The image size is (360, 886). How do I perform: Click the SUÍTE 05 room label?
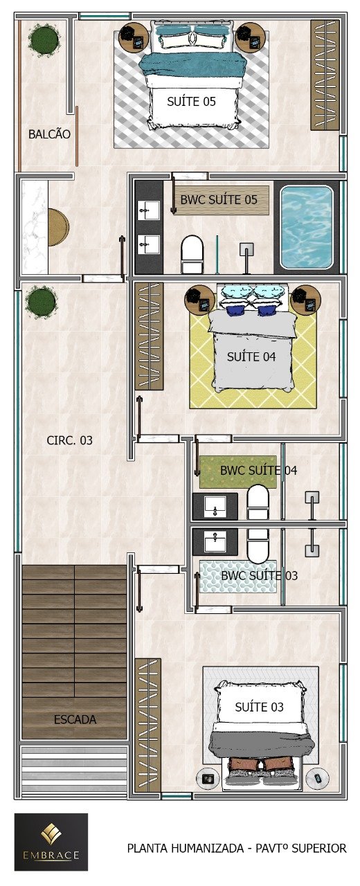pos(191,102)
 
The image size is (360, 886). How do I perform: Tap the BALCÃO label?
pos(49,134)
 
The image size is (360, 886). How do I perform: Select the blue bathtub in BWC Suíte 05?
pos(307,228)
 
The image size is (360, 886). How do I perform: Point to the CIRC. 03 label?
pos(70,440)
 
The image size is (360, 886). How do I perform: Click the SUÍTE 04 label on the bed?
pos(251,356)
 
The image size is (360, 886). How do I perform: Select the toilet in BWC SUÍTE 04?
pos(258,502)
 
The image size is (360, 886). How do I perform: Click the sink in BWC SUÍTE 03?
pos(215,541)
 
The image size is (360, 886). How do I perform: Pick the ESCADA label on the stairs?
pos(75,719)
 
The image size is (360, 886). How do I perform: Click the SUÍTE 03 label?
pos(259,707)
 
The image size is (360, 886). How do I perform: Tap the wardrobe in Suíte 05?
pos(325,75)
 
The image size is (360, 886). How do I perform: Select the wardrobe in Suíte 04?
pos(149,336)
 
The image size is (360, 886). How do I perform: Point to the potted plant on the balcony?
pos(44,40)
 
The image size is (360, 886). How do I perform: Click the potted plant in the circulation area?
pos(41,302)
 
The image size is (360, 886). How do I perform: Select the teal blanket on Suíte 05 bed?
pos(194,64)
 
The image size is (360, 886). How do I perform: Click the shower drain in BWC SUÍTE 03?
pos(312,550)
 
